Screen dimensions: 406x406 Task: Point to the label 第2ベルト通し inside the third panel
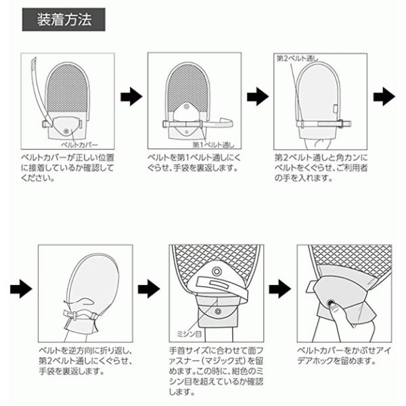click(298, 59)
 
